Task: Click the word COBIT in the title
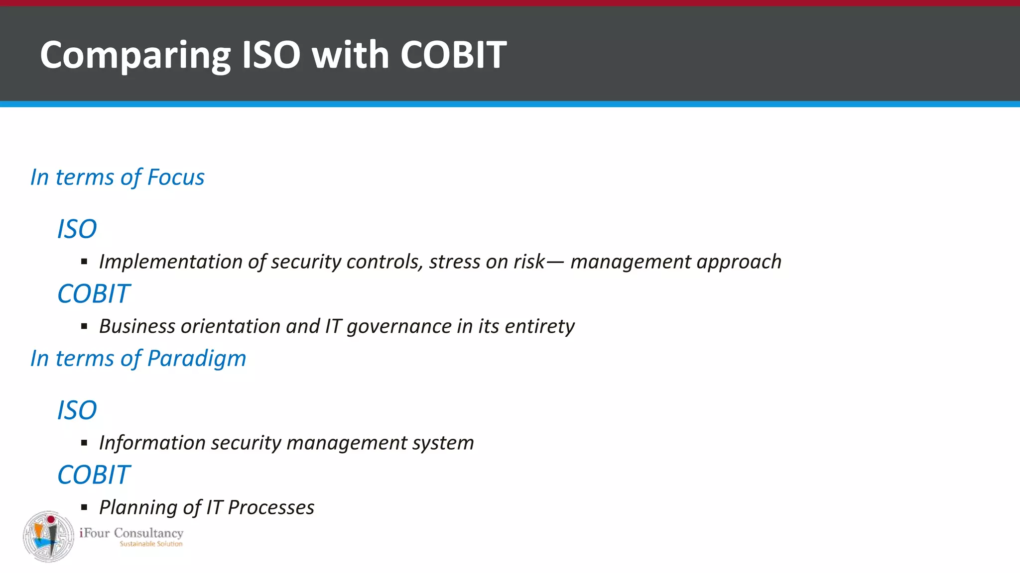[453, 55]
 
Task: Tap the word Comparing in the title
[135, 56]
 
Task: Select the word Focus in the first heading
[176, 178]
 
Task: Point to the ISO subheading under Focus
[77, 229]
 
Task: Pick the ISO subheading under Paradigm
[77, 410]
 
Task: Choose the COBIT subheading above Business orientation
[94, 294]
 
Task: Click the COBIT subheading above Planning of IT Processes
[94, 475]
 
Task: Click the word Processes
[271, 508]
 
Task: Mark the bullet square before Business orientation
[84, 326]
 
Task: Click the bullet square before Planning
[84, 507]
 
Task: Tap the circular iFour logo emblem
[48, 537]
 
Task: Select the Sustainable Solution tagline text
[151, 544]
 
